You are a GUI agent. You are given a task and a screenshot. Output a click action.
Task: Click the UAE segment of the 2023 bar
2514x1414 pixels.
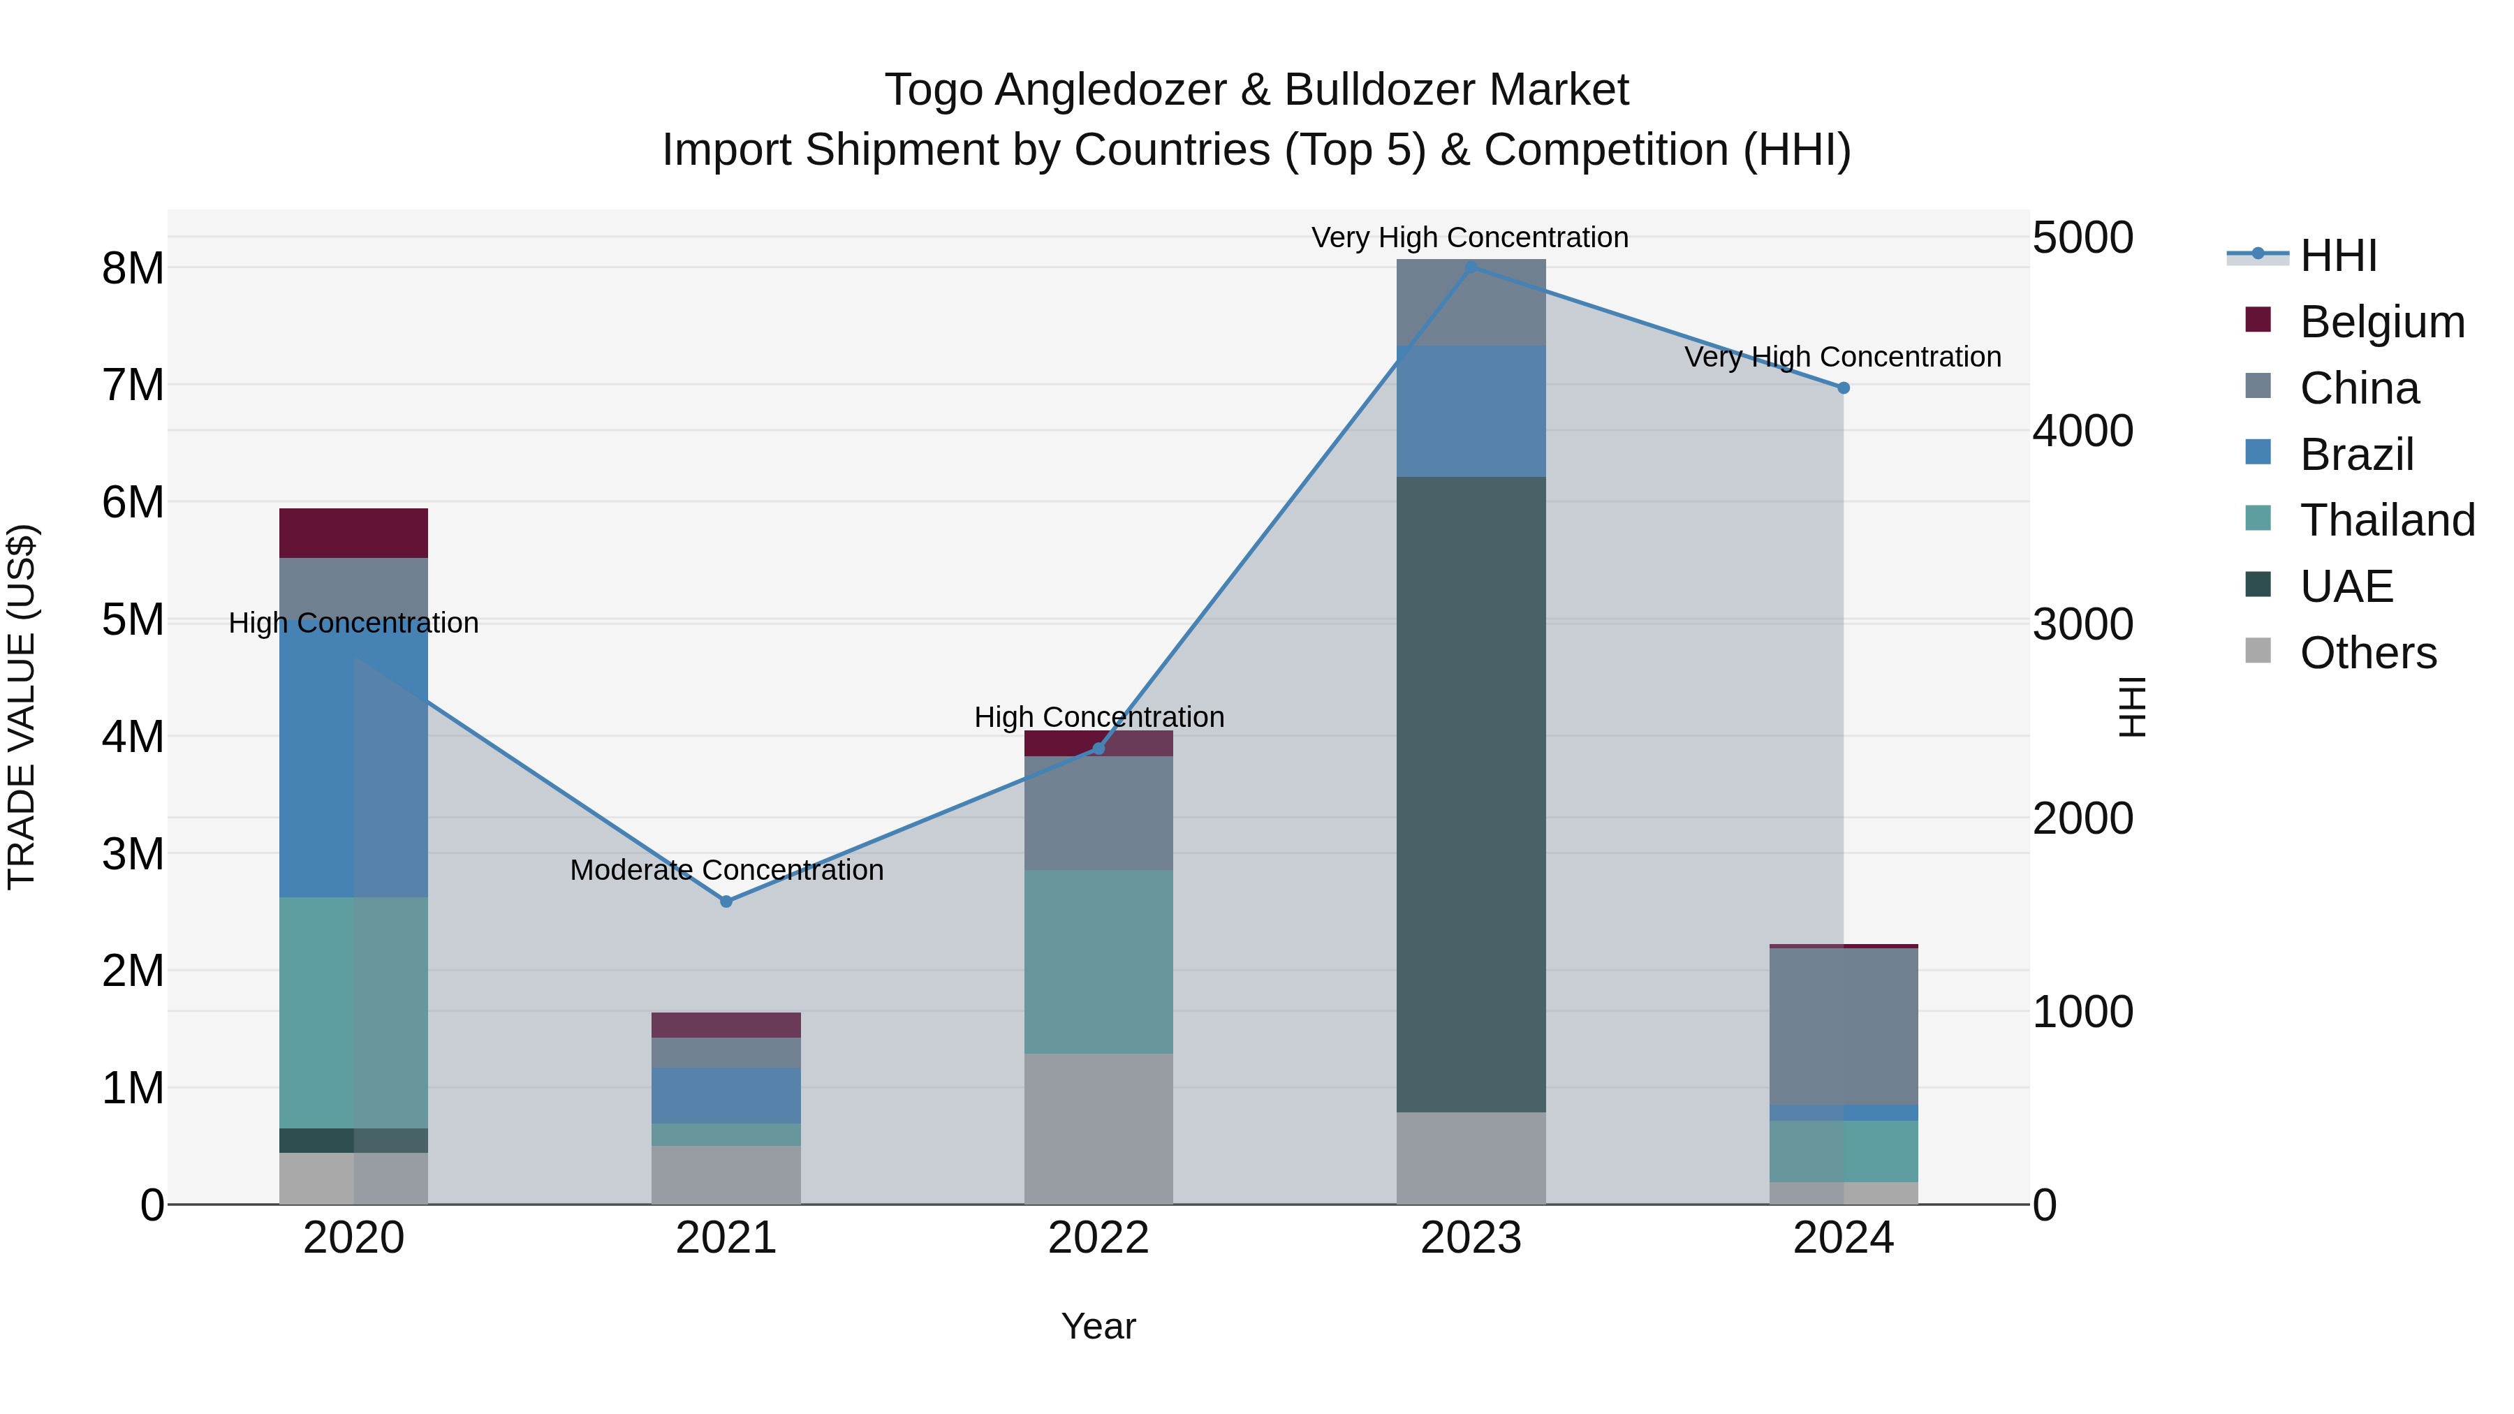[x=1471, y=795]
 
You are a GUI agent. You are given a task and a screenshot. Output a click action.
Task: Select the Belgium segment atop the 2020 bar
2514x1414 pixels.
[x=353, y=533]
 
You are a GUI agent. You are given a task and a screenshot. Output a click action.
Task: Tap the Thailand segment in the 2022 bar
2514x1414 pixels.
[x=1098, y=962]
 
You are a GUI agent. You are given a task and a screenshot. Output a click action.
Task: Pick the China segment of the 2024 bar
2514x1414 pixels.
[x=1843, y=1026]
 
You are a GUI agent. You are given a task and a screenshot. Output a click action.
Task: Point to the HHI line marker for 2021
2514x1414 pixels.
[x=726, y=901]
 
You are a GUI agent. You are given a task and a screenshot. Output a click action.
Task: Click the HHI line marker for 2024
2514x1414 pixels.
[x=1844, y=388]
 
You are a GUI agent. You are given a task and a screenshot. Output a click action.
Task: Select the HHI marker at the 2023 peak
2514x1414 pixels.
[x=1471, y=267]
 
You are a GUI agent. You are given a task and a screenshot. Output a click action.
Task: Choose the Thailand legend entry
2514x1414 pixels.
[x=2386, y=520]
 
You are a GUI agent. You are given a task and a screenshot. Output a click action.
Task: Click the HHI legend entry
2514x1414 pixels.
[x=2337, y=256]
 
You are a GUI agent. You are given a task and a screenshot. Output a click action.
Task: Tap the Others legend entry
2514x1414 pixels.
[x=2367, y=653]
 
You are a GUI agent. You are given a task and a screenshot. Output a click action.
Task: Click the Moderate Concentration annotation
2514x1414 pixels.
[x=726, y=869]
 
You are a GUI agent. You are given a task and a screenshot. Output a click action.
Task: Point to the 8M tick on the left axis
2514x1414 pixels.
[x=133, y=268]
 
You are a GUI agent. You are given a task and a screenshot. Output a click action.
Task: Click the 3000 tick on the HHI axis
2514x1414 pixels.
[x=2082, y=624]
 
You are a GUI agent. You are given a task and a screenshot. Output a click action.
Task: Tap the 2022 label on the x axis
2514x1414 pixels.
[x=1098, y=1238]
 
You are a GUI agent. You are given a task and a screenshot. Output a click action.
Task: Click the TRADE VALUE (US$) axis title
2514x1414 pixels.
[x=22, y=707]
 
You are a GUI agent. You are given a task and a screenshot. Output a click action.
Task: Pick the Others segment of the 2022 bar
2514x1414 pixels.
[x=1098, y=1128]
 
